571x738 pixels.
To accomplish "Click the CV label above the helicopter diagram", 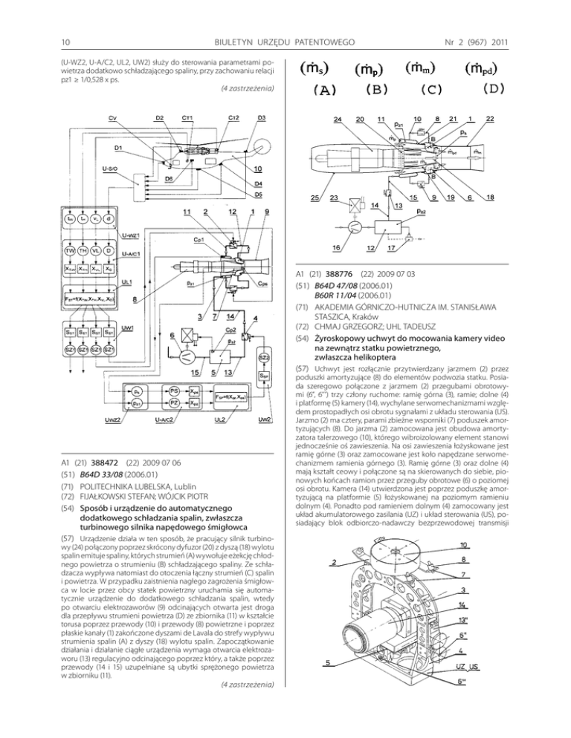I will [x=112, y=118].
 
